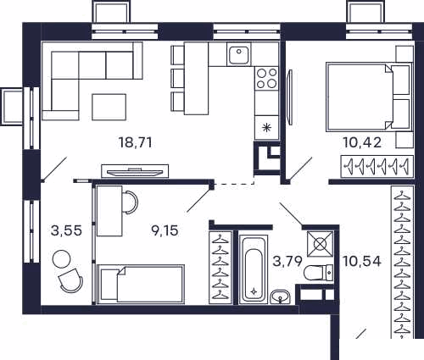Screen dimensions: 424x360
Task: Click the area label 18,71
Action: click(136, 142)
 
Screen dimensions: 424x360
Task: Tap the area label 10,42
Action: click(362, 142)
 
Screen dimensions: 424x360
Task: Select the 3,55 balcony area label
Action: click(67, 230)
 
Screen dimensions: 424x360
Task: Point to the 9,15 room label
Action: click(165, 230)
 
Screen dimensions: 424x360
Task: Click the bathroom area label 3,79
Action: click(287, 261)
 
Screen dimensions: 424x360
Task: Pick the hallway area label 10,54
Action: click(362, 261)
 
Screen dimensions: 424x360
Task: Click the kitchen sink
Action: click(239, 54)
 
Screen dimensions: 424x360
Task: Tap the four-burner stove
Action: click(266, 79)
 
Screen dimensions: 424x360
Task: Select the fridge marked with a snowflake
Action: click(266, 128)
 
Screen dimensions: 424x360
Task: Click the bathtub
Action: click(254, 269)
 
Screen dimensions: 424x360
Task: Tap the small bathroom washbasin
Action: click(280, 297)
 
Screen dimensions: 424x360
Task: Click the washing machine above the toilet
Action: click(320, 244)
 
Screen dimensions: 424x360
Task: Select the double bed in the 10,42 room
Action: click(368, 97)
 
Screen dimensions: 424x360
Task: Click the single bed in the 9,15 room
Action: click(141, 284)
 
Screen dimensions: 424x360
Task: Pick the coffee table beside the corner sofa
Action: click(109, 107)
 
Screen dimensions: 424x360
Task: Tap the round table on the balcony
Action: click(62, 259)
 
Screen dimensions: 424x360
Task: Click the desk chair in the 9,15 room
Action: click(131, 202)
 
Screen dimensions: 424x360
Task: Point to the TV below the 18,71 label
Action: click(135, 172)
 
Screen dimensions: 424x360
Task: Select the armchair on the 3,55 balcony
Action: click(70, 280)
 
